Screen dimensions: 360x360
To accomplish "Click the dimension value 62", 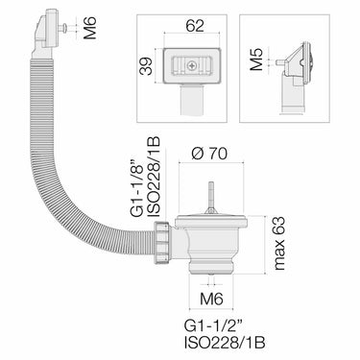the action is (x=195, y=26).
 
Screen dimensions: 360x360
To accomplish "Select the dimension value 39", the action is (x=147, y=66).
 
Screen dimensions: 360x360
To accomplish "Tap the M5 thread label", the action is (x=256, y=60).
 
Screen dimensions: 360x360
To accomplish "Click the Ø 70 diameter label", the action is (x=209, y=154).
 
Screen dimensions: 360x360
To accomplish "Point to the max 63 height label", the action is (x=279, y=244).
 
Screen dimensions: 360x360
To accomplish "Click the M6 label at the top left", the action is (x=90, y=28).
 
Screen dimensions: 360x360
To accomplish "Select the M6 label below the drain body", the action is (x=211, y=300).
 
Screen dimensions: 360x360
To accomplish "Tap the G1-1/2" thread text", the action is (x=213, y=326).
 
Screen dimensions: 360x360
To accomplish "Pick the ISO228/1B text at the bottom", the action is (x=225, y=344).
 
